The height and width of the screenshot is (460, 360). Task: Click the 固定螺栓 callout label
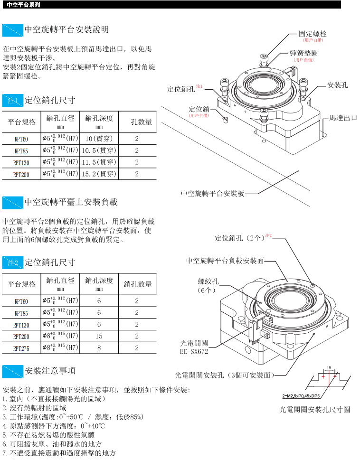(313, 34)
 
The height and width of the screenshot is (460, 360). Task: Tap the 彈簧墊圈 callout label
(303, 54)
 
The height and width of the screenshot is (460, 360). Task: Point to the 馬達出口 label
(343, 118)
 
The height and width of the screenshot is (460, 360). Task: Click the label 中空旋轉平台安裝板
(212, 194)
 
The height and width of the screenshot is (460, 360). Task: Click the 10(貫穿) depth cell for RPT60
(99, 139)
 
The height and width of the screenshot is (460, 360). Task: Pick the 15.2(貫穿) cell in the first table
(99, 174)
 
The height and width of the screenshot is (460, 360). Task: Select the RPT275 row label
(21, 348)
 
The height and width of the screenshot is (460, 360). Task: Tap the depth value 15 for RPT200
(99, 336)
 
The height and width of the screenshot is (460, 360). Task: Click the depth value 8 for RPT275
(99, 348)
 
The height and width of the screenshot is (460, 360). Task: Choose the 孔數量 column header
(142, 122)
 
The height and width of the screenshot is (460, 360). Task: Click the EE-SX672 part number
(194, 351)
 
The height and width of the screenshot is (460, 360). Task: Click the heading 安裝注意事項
(50, 370)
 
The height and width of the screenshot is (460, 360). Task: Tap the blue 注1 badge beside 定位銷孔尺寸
(12, 101)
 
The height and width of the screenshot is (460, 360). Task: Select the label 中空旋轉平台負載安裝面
(225, 261)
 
